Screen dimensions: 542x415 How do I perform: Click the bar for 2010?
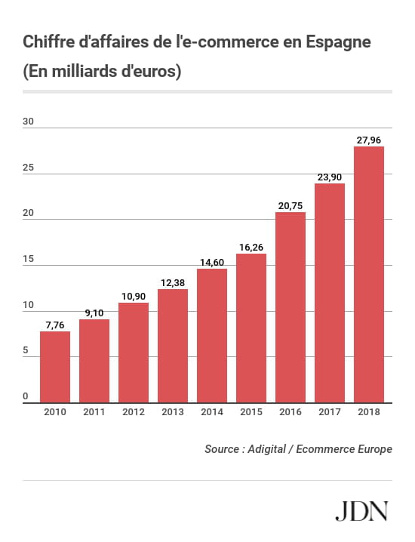coord(55,367)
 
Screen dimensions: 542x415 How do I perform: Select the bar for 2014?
coord(212,335)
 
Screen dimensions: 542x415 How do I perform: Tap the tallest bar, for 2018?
coord(369,274)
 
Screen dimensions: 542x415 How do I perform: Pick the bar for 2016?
coord(290,307)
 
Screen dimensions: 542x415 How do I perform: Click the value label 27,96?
coord(369,140)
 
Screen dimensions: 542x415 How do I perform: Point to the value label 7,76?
coord(55,325)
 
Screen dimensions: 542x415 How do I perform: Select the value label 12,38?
coord(173,282)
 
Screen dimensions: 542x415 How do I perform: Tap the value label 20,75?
coord(290,205)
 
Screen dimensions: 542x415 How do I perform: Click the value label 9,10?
coord(94,313)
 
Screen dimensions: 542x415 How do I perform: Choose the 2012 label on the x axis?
coord(134,412)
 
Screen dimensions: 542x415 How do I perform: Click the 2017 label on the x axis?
coord(330,412)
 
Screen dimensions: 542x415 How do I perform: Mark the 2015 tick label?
coord(251,412)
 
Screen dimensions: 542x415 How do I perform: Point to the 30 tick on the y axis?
coord(28,121)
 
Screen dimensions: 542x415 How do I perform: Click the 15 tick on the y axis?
coord(28,259)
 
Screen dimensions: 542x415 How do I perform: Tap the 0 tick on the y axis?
coord(25,396)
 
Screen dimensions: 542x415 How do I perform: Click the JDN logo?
coord(361,511)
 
